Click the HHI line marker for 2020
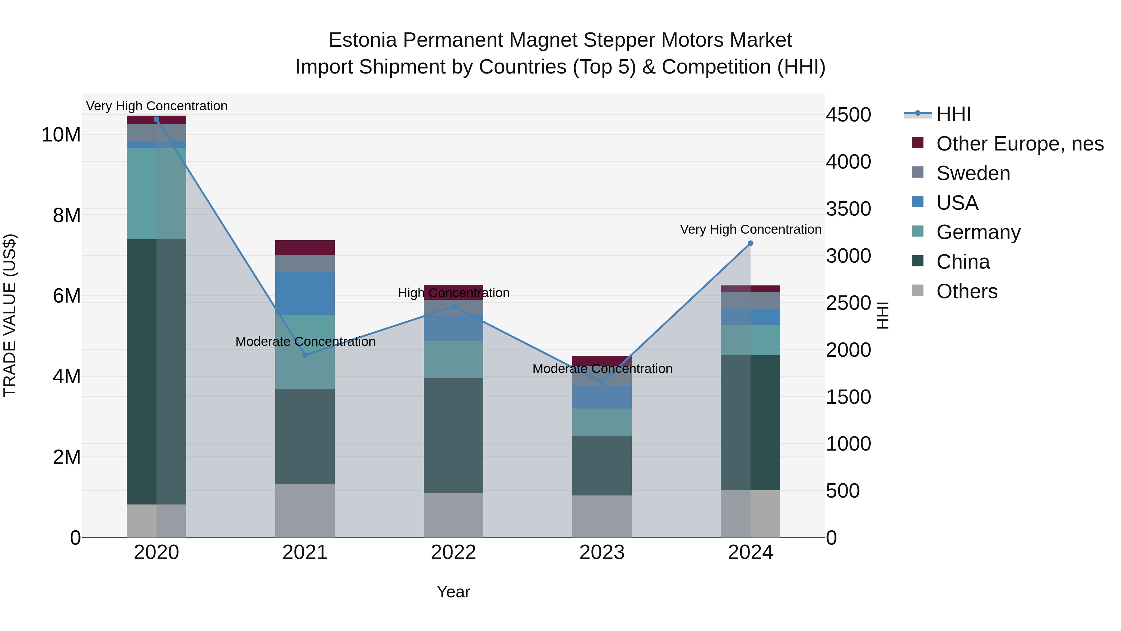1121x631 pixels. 157,119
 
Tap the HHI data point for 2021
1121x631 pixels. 305,355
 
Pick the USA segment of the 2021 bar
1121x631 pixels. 305,293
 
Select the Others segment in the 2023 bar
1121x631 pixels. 602,516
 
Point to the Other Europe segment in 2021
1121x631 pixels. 305,247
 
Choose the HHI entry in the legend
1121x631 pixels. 953,114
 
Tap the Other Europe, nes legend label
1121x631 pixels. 1019,144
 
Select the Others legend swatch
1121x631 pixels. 918,290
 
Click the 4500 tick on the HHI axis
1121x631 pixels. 848,115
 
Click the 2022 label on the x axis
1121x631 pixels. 453,552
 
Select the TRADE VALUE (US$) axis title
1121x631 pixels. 10,315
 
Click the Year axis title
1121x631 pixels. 453,592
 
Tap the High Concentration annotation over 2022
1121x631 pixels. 453,293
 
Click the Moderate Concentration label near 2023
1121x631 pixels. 602,369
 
